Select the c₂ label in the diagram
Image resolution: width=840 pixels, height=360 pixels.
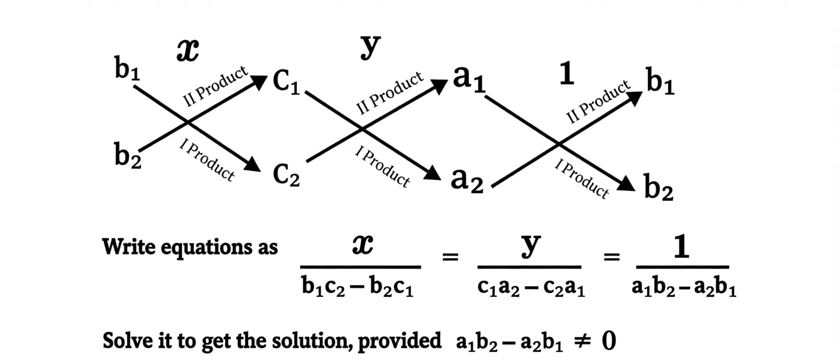(x=286, y=174)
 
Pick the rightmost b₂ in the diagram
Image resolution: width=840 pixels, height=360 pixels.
(x=658, y=188)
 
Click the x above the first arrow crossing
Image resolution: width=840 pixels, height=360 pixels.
(x=187, y=51)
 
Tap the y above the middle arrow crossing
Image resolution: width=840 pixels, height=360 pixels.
(x=370, y=47)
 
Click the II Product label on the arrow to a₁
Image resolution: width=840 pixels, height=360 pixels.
(x=389, y=93)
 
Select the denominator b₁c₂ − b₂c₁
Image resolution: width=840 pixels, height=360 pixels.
(x=357, y=288)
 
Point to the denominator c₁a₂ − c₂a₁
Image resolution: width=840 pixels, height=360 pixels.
(x=531, y=288)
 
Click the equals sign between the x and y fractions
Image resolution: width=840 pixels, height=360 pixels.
(x=449, y=257)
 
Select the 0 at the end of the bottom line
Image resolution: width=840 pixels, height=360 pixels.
(x=609, y=341)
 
